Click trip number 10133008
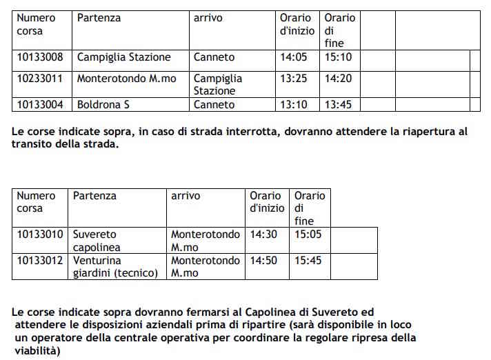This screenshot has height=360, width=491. [x=40, y=57]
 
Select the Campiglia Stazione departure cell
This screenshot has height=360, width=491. [x=123, y=57]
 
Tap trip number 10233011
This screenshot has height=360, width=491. [x=40, y=79]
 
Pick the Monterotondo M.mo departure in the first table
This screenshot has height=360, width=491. [x=126, y=79]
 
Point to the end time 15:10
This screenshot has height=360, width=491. [x=338, y=57]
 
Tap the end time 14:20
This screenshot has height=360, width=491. [x=338, y=79]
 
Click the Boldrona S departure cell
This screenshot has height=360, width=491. [x=103, y=105]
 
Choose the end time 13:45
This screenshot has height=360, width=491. [x=338, y=105]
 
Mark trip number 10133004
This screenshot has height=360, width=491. [x=40, y=105]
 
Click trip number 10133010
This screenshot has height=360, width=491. [x=40, y=234]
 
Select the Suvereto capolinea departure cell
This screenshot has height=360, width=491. [x=97, y=241]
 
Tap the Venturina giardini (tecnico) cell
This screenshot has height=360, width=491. [x=115, y=267]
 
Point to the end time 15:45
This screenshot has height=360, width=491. [x=308, y=261]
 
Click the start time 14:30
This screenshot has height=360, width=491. [x=263, y=234]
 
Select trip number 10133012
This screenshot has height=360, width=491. [x=40, y=261]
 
